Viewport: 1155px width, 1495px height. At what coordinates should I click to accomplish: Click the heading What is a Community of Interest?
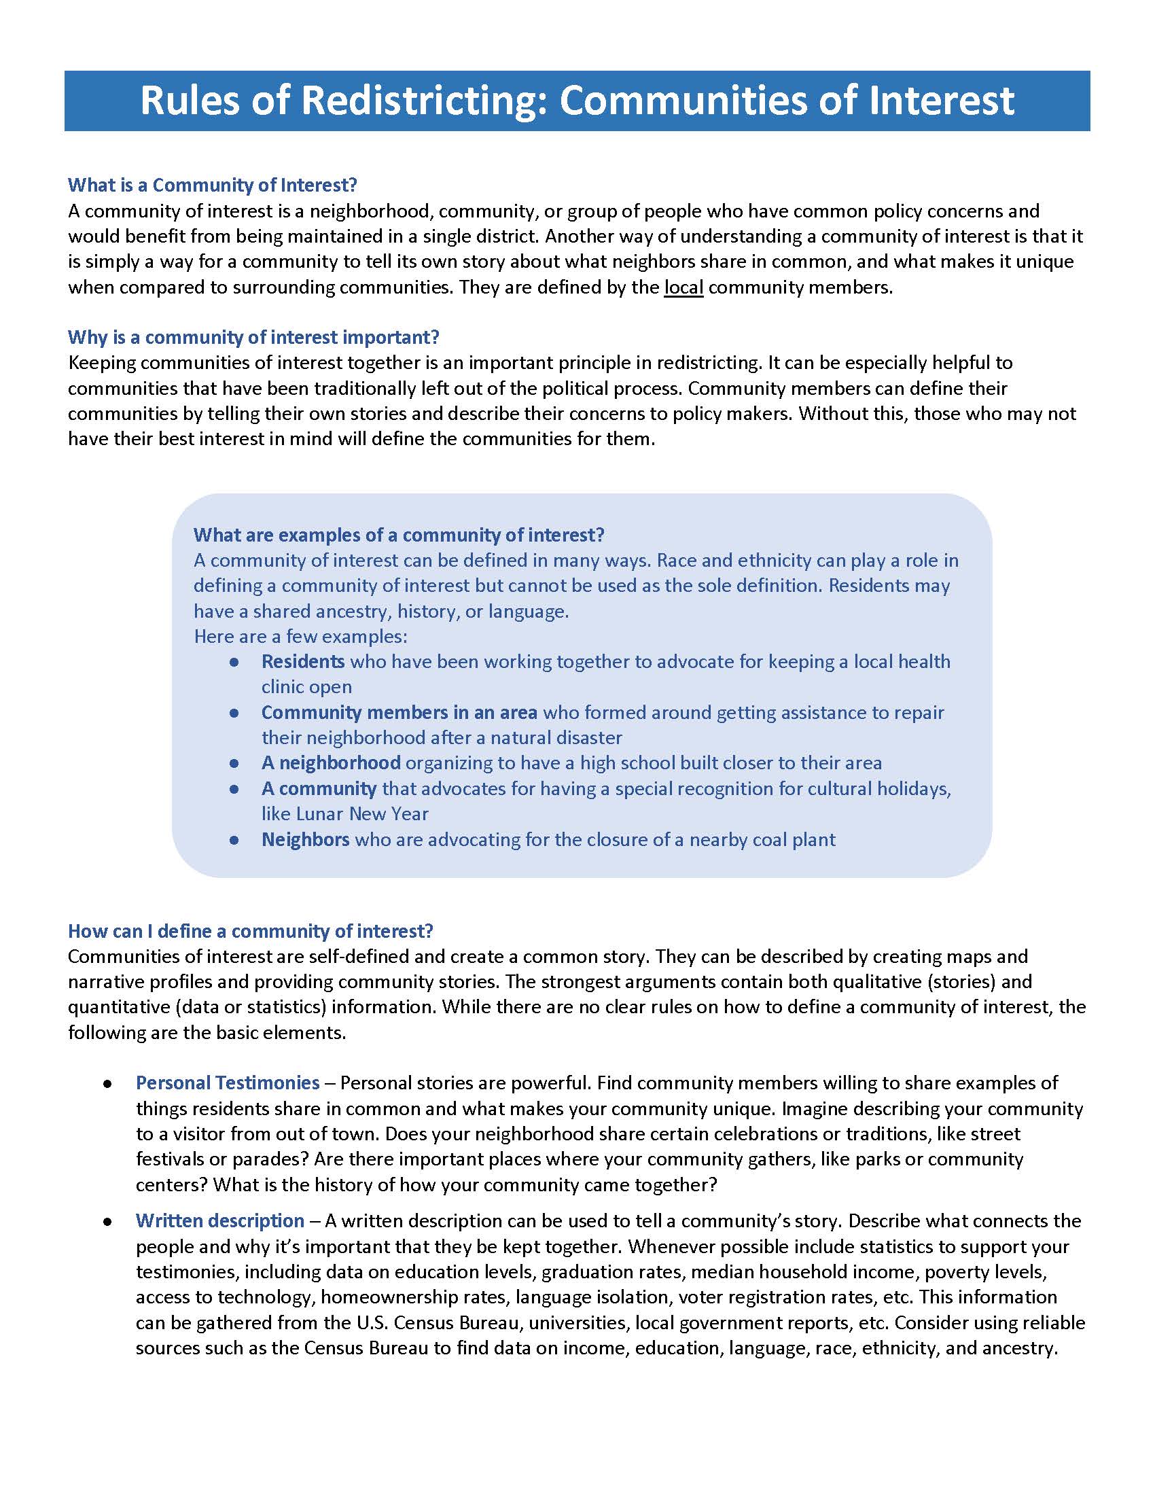pyautogui.click(x=212, y=185)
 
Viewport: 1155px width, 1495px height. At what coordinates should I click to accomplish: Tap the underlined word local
pyautogui.click(x=683, y=287)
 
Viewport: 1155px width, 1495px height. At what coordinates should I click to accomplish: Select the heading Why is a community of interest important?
pyautogui.click(x=253, y=337)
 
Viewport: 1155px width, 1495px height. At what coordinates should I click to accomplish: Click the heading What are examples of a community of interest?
pyautogui.click(x=399, y=535)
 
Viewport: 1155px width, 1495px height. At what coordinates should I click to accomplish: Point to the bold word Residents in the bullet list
pyautogui.click(x=302, y=661)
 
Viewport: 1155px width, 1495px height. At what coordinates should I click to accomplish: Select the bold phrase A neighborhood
pyautogui.click(x=330, y=762)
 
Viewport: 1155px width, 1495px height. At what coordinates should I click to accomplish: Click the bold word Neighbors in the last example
pyautogui.click(x=305, y=839)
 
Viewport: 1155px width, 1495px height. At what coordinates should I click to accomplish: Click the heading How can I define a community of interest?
pyautogui.click(x=251, y=931)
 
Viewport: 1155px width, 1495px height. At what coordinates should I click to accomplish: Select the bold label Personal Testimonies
pyautogui.click(x=227, y=1083)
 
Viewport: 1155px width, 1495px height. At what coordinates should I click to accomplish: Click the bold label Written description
pyautogui.click(x=219, y=1220)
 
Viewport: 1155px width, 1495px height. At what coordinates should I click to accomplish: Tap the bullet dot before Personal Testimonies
pyautogui.click(x=107, y=1085)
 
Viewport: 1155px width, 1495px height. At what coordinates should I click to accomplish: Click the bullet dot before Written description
pyautogui.click(x=107, y=1222)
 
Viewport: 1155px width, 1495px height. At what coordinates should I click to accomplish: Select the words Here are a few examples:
pyautogui.click(x=300, y=637)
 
